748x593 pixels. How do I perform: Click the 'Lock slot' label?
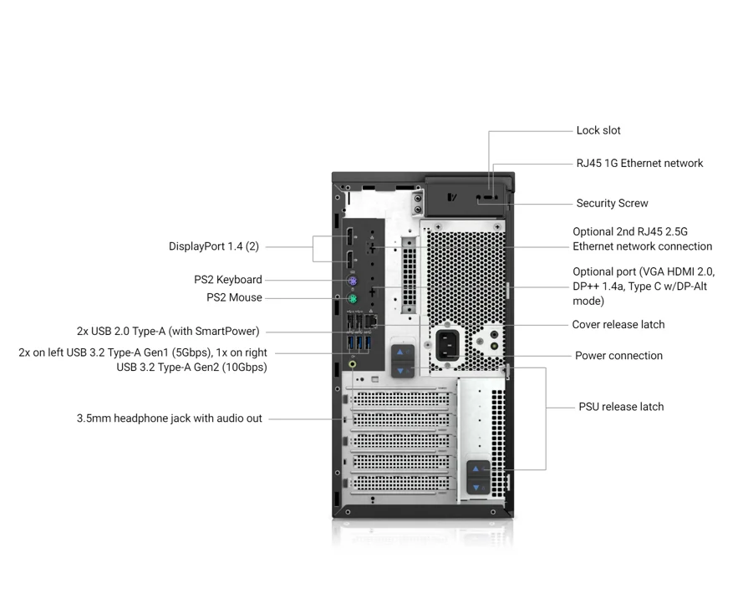click(598, 130)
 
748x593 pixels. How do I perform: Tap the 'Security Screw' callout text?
click(612, 203)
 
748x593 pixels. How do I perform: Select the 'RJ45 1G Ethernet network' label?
click(639, 163)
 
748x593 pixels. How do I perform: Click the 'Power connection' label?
click(618, 356)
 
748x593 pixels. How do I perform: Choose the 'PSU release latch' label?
click(621, 407)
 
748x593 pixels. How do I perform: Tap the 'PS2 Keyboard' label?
click(227, 280)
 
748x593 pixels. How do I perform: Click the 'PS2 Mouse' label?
click(234, 297)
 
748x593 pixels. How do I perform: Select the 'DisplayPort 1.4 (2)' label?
click(214, 246)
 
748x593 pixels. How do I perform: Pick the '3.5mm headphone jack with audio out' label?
click(169, 418)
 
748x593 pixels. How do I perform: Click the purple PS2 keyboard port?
click(354, 281)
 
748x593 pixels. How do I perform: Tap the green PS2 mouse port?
click(354, 298)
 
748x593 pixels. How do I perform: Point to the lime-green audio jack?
click(354, 363)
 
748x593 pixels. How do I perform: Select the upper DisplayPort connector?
click(352, 236)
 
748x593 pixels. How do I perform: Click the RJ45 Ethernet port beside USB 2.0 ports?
click(373, 320)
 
